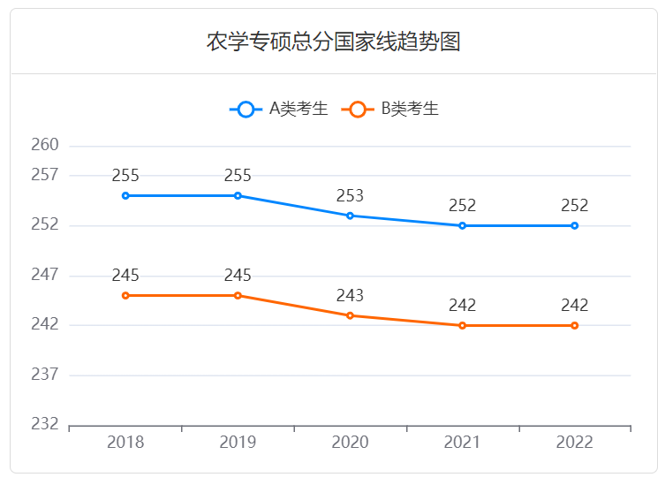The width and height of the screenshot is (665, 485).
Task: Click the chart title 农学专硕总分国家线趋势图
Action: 333,42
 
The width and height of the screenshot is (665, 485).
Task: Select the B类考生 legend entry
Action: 391,110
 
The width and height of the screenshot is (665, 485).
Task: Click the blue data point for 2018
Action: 125,195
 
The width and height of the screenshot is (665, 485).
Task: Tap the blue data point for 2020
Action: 350,216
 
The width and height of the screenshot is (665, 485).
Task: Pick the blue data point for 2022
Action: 574,225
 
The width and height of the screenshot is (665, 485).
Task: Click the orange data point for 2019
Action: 238,295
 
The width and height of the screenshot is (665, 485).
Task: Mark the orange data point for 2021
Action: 462,325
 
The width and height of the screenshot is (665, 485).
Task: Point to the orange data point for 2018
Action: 125,295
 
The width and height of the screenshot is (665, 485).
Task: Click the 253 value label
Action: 350,195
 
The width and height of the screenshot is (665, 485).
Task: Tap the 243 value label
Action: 350,295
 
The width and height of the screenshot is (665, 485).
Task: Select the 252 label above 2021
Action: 462,205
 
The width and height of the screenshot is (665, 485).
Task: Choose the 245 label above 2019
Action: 238,275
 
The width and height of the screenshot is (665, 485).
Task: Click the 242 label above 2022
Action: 574,305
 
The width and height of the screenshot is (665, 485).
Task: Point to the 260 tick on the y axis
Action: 45,145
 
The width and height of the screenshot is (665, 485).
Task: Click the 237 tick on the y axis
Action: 45,375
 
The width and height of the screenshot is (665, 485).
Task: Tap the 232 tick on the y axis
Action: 45,424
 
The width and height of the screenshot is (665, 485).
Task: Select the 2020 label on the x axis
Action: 350,442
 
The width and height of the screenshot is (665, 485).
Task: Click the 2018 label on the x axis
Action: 125,442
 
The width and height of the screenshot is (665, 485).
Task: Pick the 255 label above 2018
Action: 125,175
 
